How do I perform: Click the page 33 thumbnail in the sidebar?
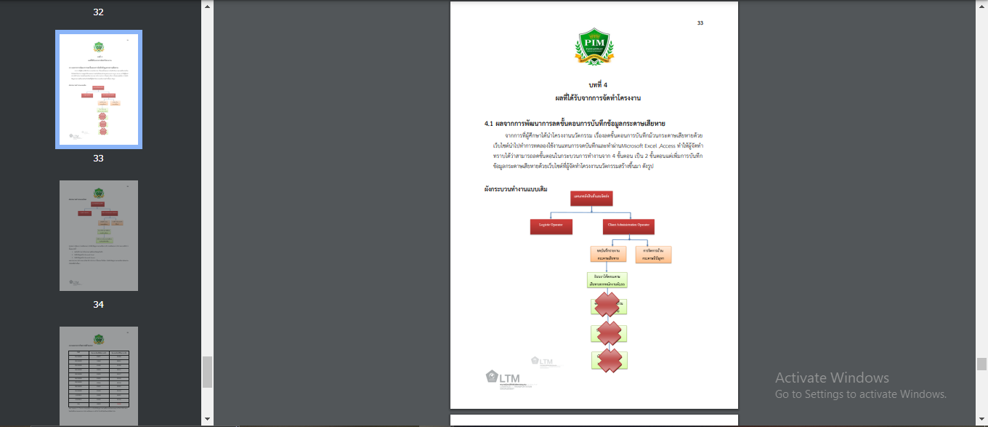pyautogui.click(x=99, y=89)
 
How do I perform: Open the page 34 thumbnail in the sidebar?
pyautogui.click(x=99, y=236)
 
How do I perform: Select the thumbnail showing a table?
pyautogui.click(x=99, y=375)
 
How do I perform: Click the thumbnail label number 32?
pyautogui.click(x=99, y=12)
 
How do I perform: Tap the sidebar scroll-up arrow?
pyautogui.click(x=207, y=7)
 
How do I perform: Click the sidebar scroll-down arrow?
pyautogui.click(x=207, y=419)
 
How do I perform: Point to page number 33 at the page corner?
pyautogui.click(x=700, y=23)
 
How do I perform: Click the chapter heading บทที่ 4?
pyautogui.click(x=594, y=84)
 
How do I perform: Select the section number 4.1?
pyautogui.click(x=489, y=124)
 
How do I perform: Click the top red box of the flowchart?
pyautogui.click(x=591, y=198)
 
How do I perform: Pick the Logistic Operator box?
pyautogui.click(x=551, y=226)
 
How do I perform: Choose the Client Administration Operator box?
pyautogui.click(x=628, y=226)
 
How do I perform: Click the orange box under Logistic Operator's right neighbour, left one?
pyautogui.click(x=607, y=254)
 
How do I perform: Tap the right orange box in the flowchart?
pyautogui.click(x=653, y=254)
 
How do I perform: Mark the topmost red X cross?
pyautogui.click(x=608, y=305)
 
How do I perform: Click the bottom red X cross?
pyautogui.click(x=608, y=360)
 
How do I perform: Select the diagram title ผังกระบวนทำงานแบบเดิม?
pyautogui.click(x=516, y=189)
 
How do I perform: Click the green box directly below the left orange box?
pyautogui.click(x=607, y=280)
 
